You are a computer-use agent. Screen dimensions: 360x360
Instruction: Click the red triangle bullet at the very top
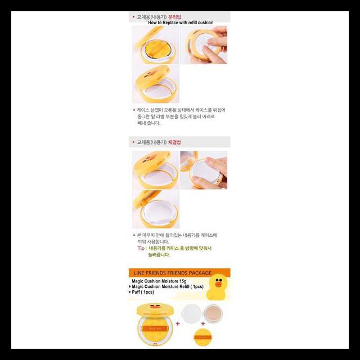(133, 17)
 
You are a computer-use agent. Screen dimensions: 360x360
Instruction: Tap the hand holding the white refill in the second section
(217, 169)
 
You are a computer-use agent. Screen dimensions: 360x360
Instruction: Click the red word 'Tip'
(141, 247)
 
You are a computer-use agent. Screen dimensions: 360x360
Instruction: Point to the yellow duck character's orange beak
(217, 286)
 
